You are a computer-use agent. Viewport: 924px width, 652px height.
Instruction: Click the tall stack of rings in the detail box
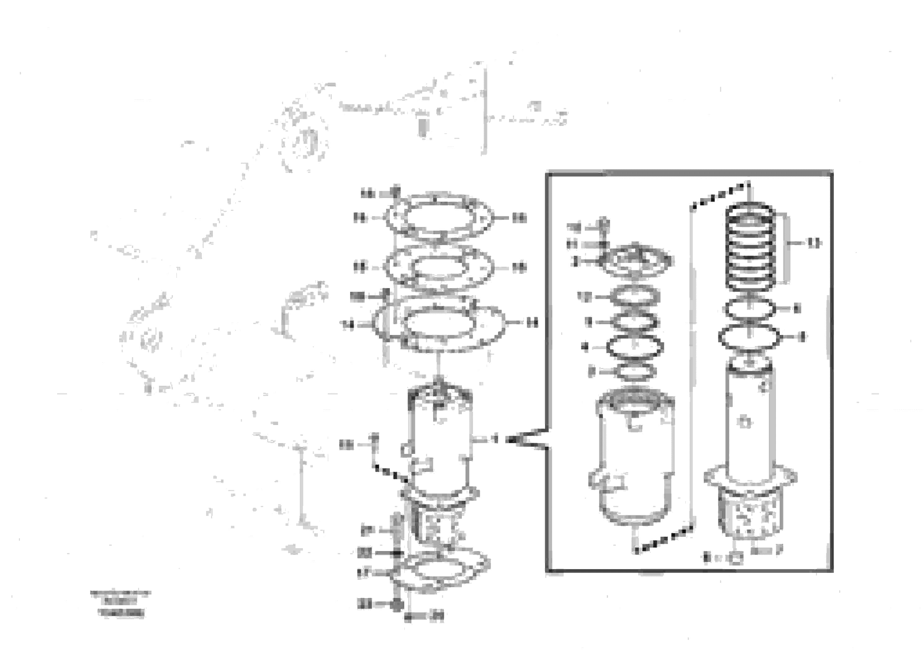coord(749,248)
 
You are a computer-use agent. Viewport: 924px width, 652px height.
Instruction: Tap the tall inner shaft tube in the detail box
coord(749,426)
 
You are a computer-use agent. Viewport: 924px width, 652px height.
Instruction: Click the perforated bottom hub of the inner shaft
coord(749,517)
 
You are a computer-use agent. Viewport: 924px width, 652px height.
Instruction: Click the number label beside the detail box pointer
coord(495,439)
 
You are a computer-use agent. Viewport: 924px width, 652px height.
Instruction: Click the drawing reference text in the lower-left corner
coord(121,603)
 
